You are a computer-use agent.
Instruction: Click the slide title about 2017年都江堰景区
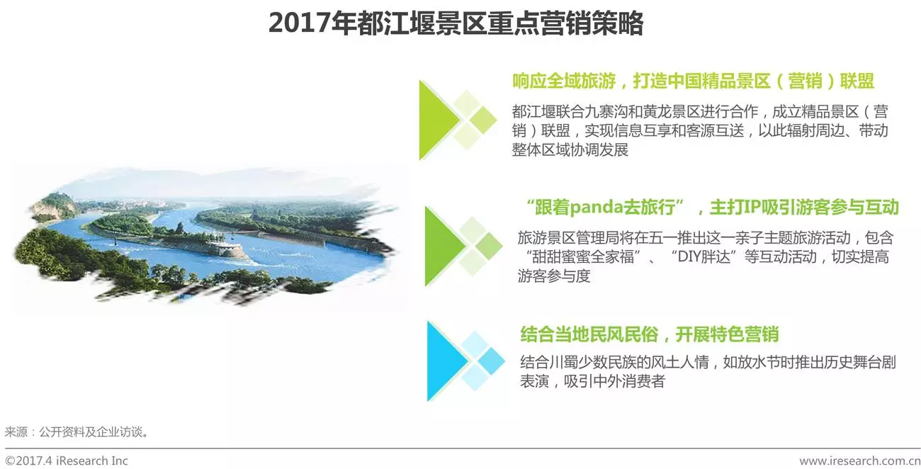456,23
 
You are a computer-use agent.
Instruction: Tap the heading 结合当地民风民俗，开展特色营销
649,334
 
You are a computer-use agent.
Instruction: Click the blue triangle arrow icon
446,361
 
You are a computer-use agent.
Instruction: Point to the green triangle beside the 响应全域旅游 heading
439,120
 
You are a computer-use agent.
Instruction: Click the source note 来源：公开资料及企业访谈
77,432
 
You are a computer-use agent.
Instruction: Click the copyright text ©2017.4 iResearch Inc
66,460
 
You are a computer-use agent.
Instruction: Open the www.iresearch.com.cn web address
860,460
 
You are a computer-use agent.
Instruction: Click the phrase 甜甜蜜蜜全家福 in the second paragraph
583,257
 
